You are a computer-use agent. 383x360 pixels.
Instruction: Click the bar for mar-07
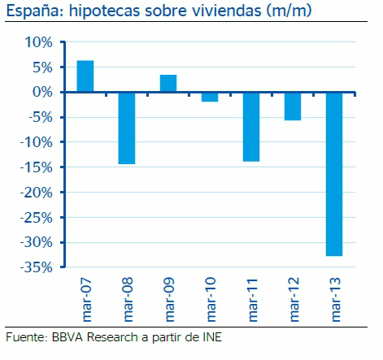tap(85, 76)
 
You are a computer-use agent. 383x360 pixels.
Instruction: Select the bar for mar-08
tap(127, 128)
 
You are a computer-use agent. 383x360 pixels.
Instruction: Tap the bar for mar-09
tap(168, 83)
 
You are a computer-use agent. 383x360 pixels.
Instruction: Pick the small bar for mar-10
tap(210, 97)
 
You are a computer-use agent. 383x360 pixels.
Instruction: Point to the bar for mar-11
tap(251, 127)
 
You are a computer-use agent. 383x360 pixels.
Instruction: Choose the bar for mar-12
tap(293, 106)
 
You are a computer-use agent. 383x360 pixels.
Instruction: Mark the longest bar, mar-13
tap(334, 174)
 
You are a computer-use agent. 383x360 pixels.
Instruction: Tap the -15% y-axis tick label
tap(35, 167)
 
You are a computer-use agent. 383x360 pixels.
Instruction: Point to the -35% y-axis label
tap(35, 267)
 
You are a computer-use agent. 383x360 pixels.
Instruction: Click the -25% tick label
tap(35, 218)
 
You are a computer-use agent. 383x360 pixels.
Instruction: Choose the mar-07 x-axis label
tap(85, 296)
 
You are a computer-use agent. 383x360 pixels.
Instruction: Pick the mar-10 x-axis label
tap(210, 296)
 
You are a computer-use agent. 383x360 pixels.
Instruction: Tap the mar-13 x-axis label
tap(334, 296)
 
